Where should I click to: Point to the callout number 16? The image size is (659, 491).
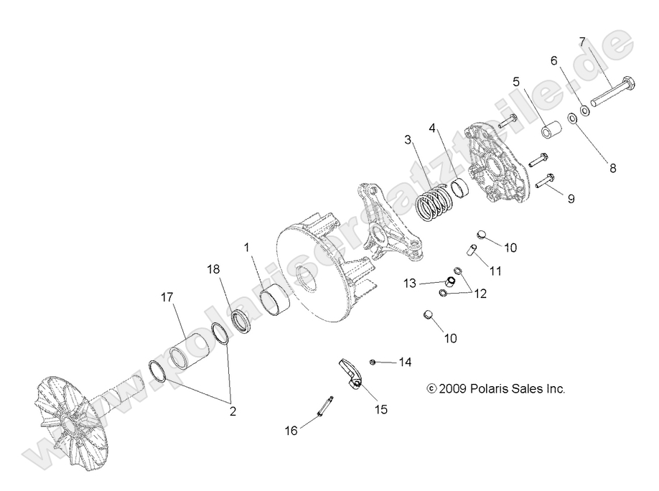tap(291, 431)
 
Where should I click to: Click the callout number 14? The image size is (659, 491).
tap(406, 363)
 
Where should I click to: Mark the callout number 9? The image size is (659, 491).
tap(571, 199)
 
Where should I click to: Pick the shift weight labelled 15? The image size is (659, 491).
tap(350, 375)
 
